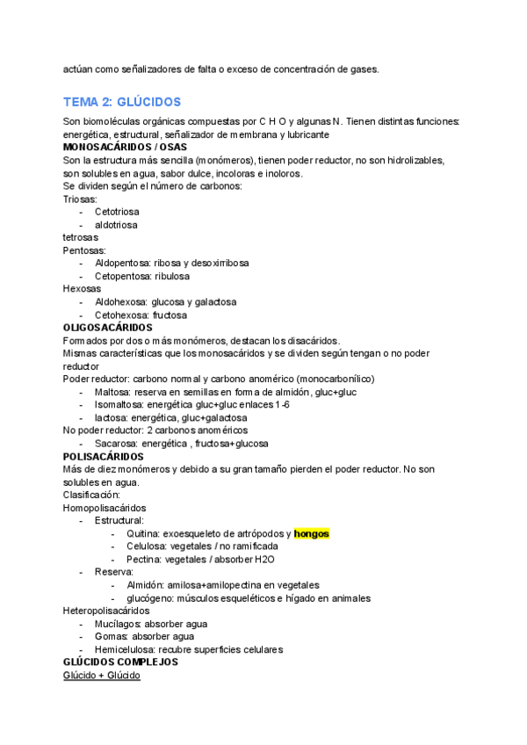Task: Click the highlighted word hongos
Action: point(311,533)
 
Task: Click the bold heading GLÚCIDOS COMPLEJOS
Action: point(120,662)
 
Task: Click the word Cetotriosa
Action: point(117,212)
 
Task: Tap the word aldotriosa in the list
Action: point(116,225)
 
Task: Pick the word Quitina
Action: point(142,533)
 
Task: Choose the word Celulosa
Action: point(146,546)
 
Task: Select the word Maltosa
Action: point(114,392)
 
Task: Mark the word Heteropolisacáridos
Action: point(106,611)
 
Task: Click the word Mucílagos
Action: point(119,624)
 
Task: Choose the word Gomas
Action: point(111,636)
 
